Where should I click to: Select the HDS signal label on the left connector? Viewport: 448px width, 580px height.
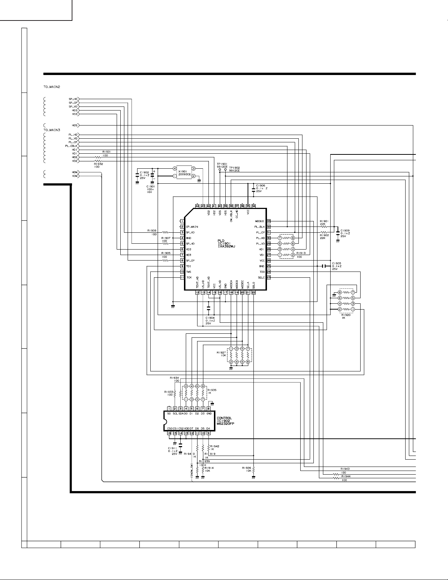pyautogui.click(x=75, y=125)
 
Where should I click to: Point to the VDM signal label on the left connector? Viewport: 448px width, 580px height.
pyautogui.click(x=75, y=176)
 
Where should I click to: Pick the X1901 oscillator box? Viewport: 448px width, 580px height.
pyautogui.click(x=184, y=172)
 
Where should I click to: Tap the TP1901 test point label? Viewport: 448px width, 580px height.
pyautogui.click(x=222, y=164)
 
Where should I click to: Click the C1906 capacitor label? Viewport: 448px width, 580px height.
pyautogui.click(x=261, y=185)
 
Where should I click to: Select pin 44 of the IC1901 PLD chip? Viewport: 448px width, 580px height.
pyautogui.click(x=197, y=206)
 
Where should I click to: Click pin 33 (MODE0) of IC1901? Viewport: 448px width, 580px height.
pyautogui.click(x=268, y=221)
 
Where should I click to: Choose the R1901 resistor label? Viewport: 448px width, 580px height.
pyautogui.click(x=324, y=221)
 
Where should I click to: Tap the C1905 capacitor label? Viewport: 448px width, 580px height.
pyautogui.click(x=337, y=263)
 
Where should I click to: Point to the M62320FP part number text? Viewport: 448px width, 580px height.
pyautogui.click(x=226, y=423)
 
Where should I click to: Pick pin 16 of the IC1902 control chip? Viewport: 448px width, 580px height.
pyautogui.click(x=169, y=433)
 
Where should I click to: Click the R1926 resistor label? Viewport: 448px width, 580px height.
pyautogui.click(x=246, y=468)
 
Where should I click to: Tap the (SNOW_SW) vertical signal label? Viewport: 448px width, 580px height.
pyautogui.click(x=192, y=471)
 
